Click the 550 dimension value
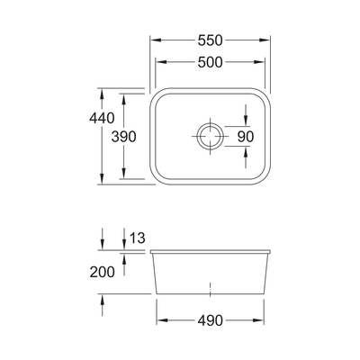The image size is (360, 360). [x=210, y=41]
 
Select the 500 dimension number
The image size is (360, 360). [x=210, y=61]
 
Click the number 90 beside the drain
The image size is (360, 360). [x=246, y=136]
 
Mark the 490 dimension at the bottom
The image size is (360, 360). [x=210, y=319]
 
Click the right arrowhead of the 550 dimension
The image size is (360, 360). [x=268, y=41]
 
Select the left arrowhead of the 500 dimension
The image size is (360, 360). [x=160, y=61]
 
